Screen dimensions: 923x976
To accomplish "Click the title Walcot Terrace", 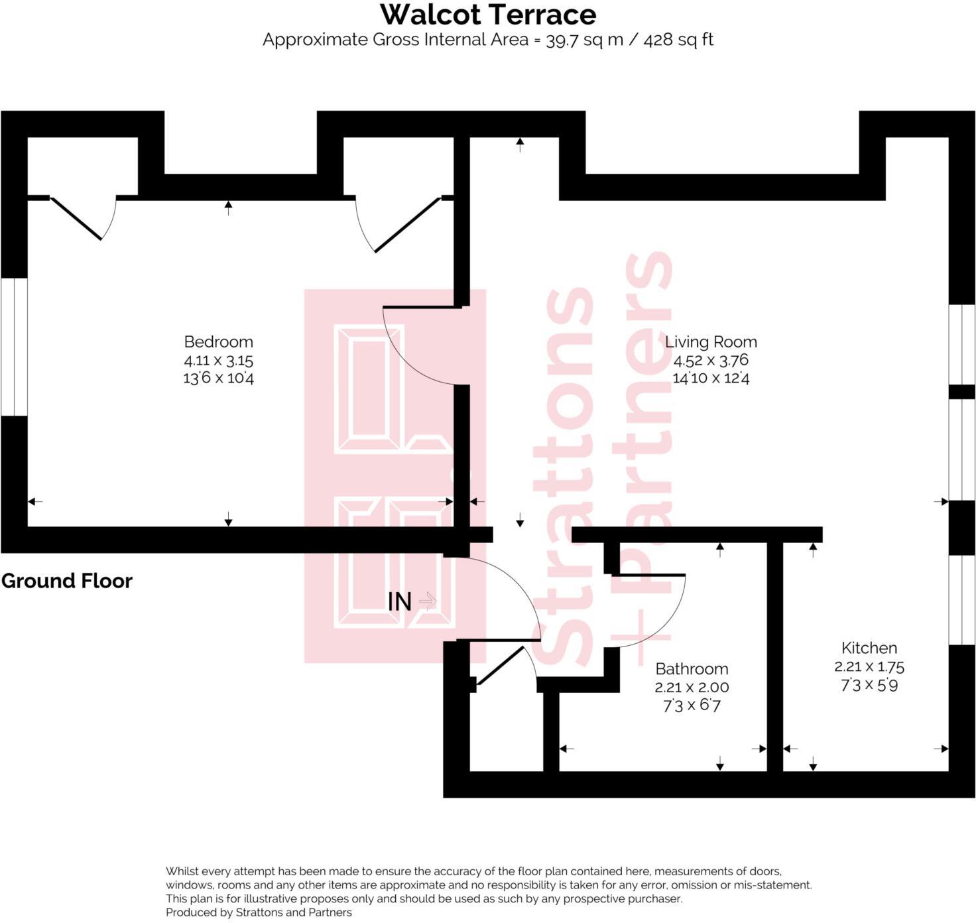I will pos(488,15).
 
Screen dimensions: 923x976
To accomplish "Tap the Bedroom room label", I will pos(218,342).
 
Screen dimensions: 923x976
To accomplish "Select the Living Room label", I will pos(711,342).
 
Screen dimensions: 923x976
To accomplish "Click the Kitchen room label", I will pos(869,648).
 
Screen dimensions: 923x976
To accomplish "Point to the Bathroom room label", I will pos(692,668).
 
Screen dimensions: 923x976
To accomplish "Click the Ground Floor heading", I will pos(67,581).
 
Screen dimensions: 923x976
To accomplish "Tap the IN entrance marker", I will pos(400,602).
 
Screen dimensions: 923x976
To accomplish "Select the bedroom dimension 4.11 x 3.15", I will pos(218,361).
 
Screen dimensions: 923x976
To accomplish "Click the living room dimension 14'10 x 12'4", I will pos(711,379).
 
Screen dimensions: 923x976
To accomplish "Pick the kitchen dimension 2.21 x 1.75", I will pos(869,666).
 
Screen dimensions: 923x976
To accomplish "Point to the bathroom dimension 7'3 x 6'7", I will pos(692,706).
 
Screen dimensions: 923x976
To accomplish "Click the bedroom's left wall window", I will pos(14,347).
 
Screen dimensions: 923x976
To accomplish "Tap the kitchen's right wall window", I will pos(962,599).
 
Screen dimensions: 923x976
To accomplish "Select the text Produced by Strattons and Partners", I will pos(259,912).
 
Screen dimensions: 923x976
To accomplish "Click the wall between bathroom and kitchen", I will pos(775,656).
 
